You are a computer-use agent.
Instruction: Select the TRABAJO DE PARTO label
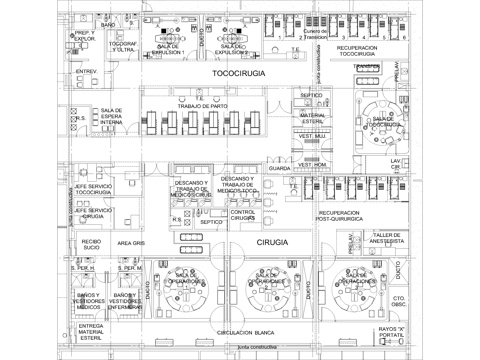[204, 105]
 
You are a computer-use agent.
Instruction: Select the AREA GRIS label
[133, 243]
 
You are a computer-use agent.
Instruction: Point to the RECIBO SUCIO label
[92, 244]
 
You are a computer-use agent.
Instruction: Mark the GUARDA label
[279, 170]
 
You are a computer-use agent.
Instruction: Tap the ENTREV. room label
[86, 72]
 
